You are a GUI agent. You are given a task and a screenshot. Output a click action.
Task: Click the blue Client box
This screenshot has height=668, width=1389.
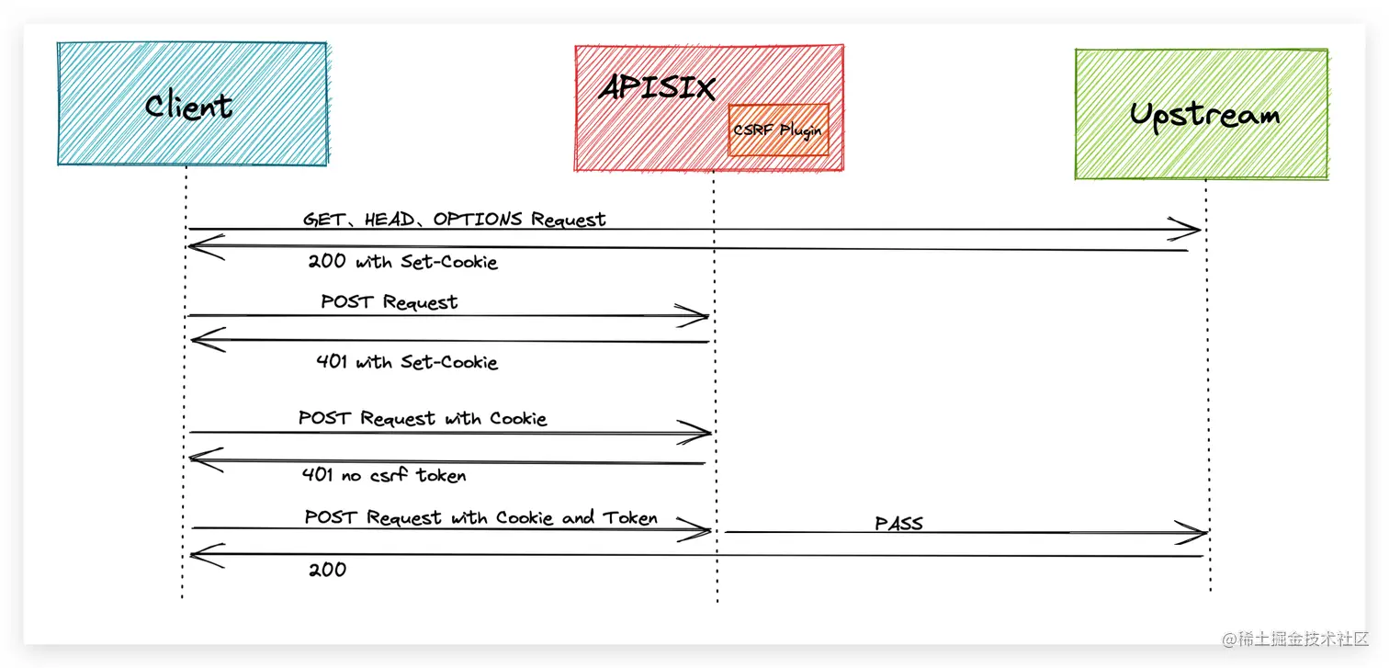pyautogui.click(x=191, y=104)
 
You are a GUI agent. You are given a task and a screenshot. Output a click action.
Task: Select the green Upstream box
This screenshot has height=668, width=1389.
pyautogui.click(x=1202, y=114)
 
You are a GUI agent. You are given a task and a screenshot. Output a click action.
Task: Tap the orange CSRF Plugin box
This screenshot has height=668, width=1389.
pyautogui.click(x=778, y=130)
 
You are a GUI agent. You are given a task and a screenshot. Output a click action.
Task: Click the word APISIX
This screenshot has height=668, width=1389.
pyautogui.click(x=657, y=89)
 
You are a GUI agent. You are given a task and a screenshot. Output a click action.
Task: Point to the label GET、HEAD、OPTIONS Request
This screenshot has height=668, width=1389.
pyautogui.click(x=455, y=220)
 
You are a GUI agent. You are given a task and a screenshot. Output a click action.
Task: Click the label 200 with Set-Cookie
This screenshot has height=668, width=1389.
pyautogui.click(x=402, y=262)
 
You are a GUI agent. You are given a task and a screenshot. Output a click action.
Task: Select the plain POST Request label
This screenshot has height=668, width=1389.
pyautogui.click(x=390, y=302)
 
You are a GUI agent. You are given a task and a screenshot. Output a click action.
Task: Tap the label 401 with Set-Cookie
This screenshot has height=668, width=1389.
pyautogui.click(x=406, y=362)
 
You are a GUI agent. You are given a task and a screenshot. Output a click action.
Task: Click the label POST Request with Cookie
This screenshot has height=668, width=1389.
pyautogui.click(x=423, y=419)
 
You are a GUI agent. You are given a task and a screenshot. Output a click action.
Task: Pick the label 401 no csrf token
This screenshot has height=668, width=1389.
pyautogui.click(x=384, y=475)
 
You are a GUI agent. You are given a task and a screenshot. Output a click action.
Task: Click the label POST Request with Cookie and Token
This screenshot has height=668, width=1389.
pyautogui.click(x=480, y=518)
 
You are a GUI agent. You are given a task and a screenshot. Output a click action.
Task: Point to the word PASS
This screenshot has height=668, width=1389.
pyautogui.click(x=898, y=524)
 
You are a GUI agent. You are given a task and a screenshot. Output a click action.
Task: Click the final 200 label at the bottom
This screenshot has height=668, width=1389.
pyautogui.click(x=327, y=570)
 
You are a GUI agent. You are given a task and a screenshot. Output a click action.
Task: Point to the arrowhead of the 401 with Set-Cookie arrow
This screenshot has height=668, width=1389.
pyautogui.click(x=203, y=341)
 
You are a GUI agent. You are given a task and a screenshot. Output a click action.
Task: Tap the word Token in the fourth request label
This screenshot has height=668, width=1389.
pyautogui.click(x=630, y=517)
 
